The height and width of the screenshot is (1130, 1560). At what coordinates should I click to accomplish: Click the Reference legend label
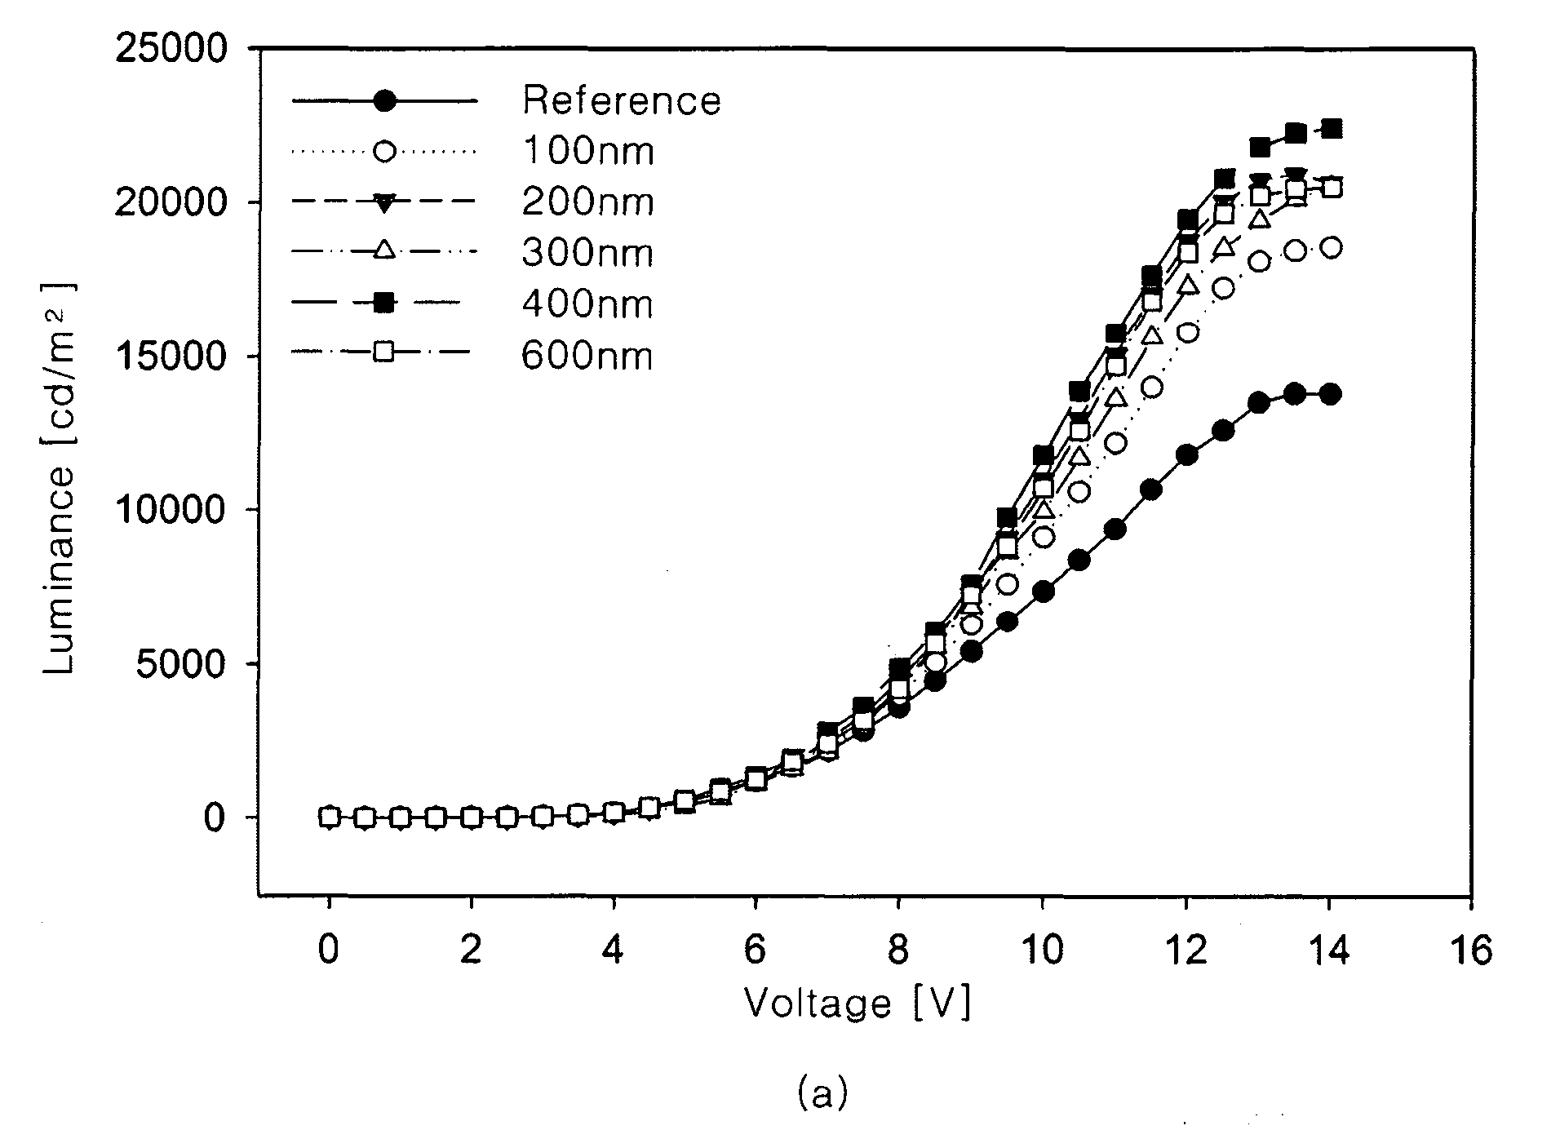pyautogui.click(x=622, y=100)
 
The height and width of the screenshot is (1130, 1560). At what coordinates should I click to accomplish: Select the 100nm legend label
pyautogui.click(x=588, y=151)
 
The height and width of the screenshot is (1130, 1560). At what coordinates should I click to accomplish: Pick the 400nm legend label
pyautogui.click(x=588, y=304)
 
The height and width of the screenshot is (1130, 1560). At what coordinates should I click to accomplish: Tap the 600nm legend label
pyautogui.click(x=588, y=356)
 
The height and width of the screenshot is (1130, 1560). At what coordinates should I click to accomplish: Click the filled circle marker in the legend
pyautogui.click(x=384, y=100)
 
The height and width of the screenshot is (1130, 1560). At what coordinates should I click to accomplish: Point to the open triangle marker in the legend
pyautogui.click(x=384, y=251)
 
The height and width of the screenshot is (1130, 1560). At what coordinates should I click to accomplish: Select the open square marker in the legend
pyautogui.click(x=384, y=353)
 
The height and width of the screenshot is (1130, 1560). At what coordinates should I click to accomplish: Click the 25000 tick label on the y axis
pyautogui.click(x=171, y=50)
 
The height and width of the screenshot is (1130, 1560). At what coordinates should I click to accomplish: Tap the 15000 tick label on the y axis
pyautogui.click(x=171, y=357)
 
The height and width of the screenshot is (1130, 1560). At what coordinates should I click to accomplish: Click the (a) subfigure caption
pyautogui.click(x=822, y=1094)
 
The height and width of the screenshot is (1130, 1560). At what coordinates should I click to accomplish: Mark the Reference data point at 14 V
pyautogui.click(x=1331, y=394)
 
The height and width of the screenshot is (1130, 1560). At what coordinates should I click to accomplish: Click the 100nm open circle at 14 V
pyautogui.click(x=1331, y=248)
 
